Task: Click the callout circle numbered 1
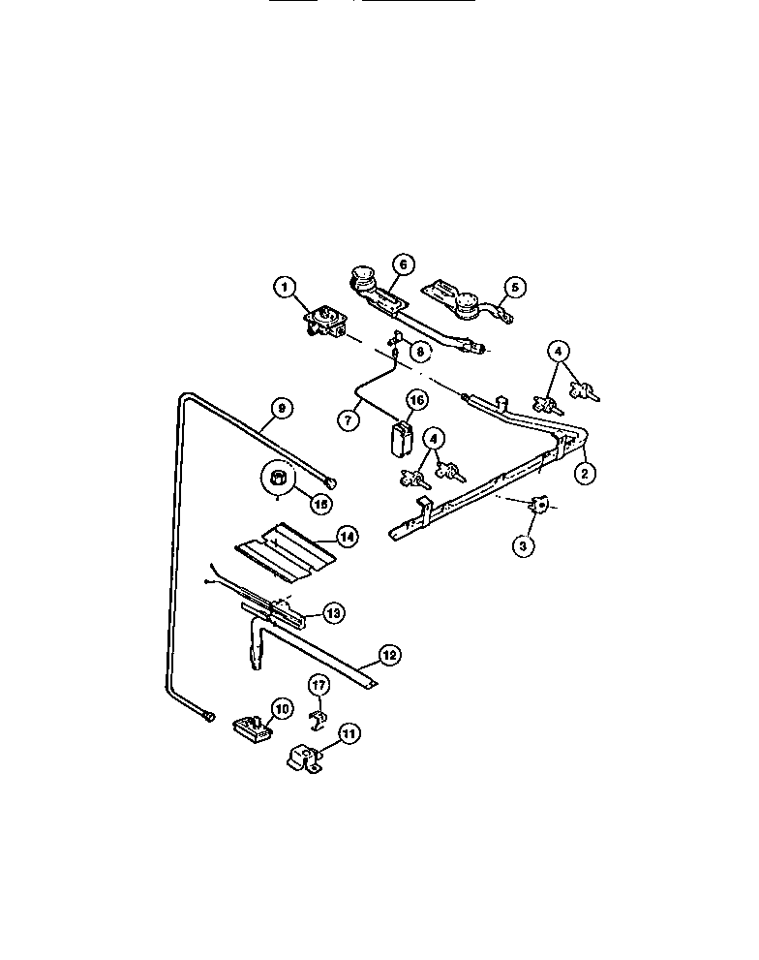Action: click(x=284, y=287)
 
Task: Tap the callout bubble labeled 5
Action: click(x=514, y=287)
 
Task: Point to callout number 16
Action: click(x=414, y=400)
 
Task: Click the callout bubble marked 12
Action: click(x=388, y=656)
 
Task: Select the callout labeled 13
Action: click(x=332, y=612)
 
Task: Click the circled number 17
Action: click(x=319, y=686)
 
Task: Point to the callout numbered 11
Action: click(x=348, y=734)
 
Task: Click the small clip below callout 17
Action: click(x=317, y=718)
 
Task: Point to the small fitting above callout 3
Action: click(x=539, y=505)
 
